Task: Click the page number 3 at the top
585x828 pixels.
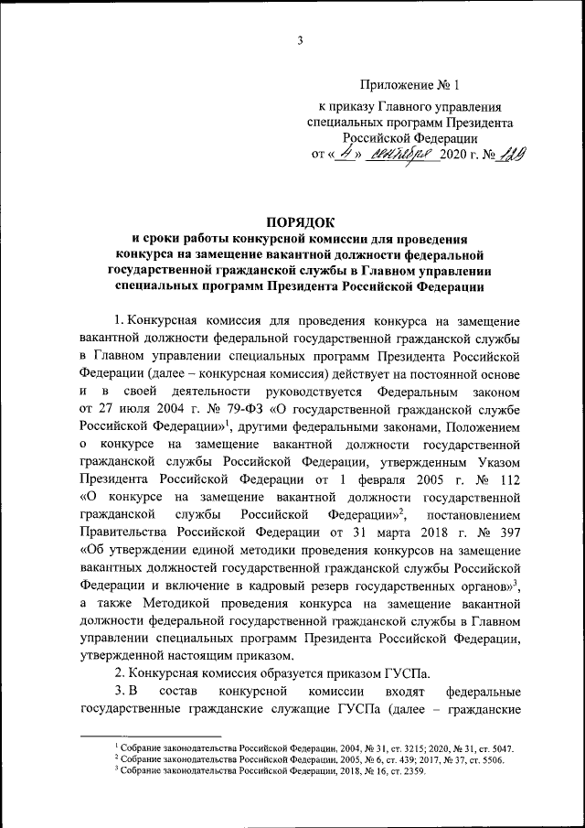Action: pyautogui.click(x=300, y=39)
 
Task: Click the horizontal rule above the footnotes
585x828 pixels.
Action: pyautogui.click(x=151, y=735)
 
